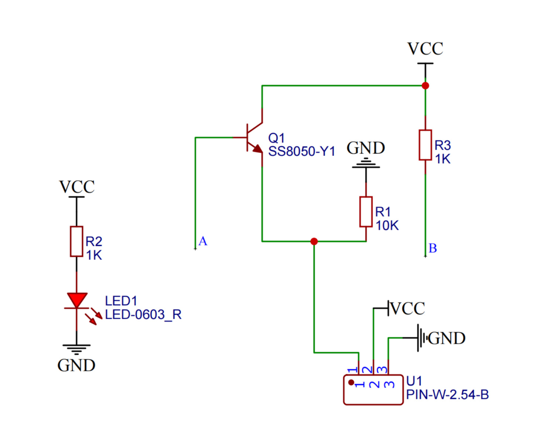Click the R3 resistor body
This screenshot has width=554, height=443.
tap(425, 145)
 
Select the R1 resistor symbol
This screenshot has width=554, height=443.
tap(366, 212)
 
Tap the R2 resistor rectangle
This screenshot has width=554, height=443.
tap(76, 241)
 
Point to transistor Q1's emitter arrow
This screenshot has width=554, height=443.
tap(257, 149)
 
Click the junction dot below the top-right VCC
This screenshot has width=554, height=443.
tap(425, 86)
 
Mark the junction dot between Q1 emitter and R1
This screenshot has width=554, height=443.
tap(314, 241)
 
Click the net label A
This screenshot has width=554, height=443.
tap(203, 241)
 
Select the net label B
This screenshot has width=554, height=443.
tap(433, 248)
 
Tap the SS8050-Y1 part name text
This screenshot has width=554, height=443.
tap(301, 151)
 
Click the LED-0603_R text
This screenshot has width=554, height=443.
tap(143, 315)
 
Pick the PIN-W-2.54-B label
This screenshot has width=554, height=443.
tap(447, 395)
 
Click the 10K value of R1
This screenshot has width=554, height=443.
tap(387, 226)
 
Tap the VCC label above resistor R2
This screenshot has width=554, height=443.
tap(77, 187)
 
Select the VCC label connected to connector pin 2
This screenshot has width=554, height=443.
tap(407, 309)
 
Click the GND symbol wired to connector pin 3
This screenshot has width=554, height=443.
tap(421, 338)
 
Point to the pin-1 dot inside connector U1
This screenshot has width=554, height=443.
tap(351, 382)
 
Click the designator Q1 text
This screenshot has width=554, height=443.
tap(276, 138)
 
